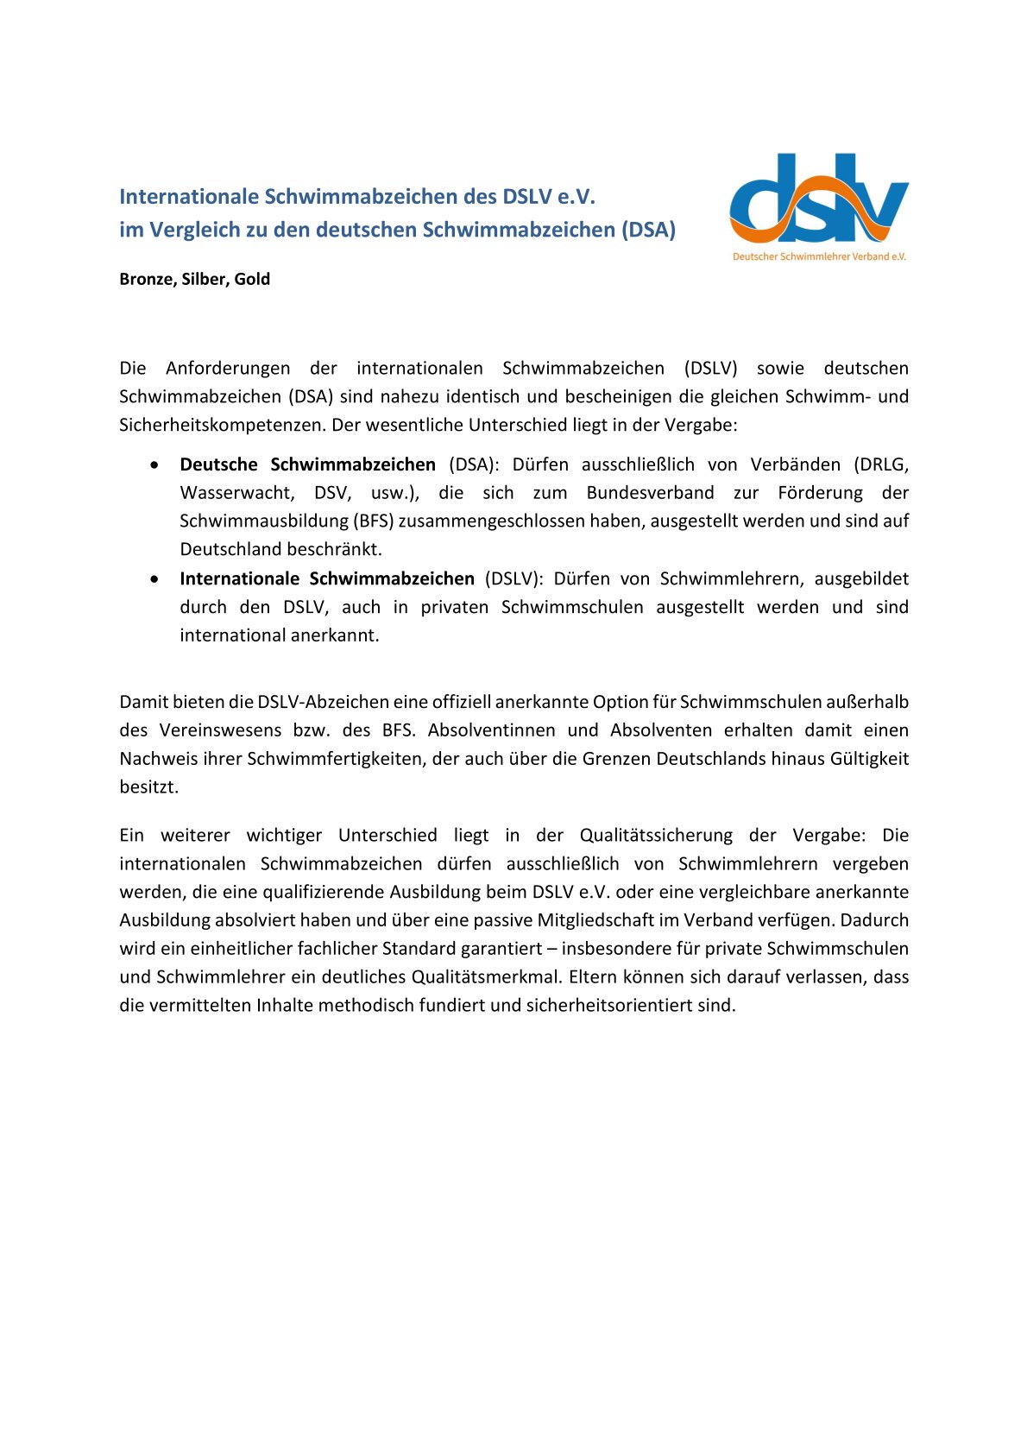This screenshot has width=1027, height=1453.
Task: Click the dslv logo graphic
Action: tap(818, 199)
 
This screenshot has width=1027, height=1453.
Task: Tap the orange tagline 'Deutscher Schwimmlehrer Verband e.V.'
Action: tap(819, 256)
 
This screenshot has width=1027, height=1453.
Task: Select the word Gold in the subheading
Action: tap(252, 279)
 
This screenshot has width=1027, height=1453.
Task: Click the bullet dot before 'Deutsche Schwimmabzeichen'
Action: tap(154, 464)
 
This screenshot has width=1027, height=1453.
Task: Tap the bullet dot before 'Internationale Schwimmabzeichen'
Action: tap(154, 578)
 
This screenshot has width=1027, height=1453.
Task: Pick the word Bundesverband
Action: tap(650, 493)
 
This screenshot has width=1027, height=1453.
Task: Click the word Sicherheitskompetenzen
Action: tap(223, 425)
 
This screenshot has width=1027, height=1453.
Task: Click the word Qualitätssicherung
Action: tap(656, 836)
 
